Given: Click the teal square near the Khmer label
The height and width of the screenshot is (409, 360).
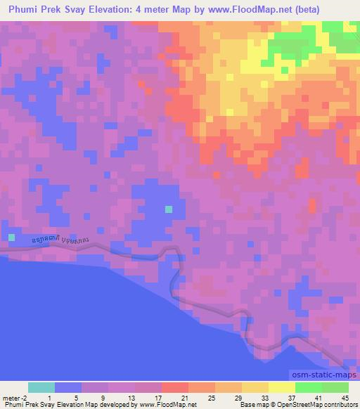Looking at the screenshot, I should [x=11, y=237].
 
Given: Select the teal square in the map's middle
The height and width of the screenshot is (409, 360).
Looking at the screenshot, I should [x=169, y=209].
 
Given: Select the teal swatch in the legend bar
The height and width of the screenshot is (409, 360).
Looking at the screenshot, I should [x=41, y=387].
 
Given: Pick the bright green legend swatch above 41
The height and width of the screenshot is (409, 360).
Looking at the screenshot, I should [x=309, y=387].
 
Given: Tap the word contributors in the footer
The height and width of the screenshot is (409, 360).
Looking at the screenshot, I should [x=340, y=405].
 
